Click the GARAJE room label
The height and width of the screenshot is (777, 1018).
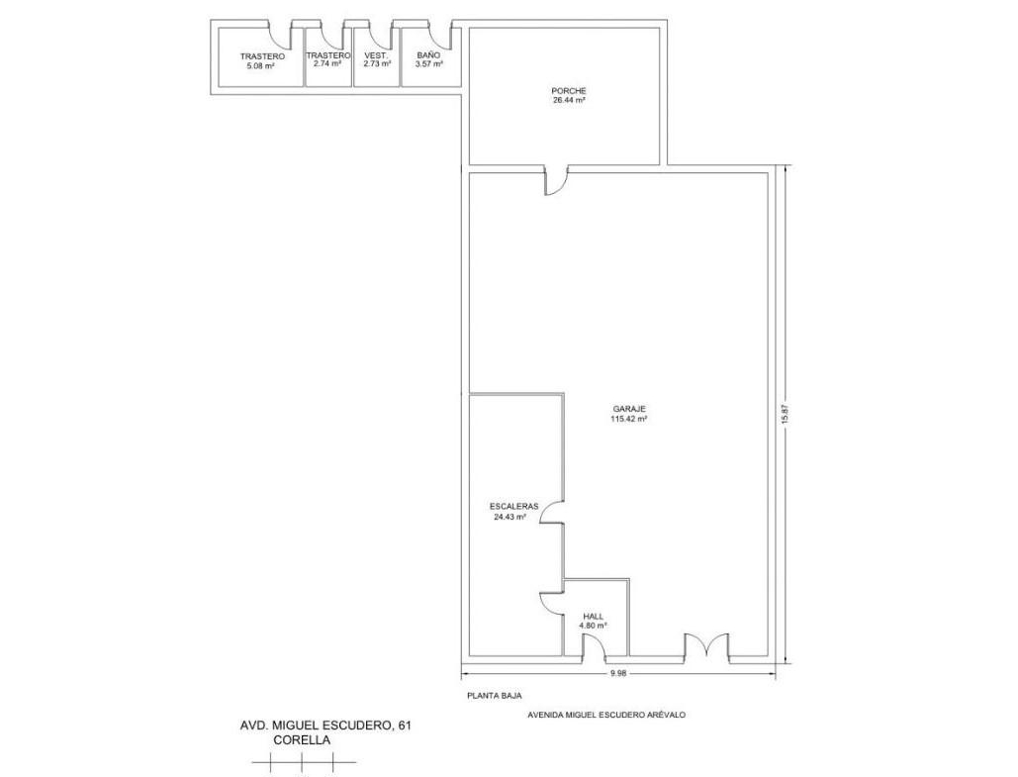tap(629, 409)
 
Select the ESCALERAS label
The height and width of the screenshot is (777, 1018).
tap(513, 506)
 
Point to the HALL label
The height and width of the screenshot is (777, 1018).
tap(593, 616)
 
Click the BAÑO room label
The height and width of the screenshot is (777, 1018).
tap(428, 55)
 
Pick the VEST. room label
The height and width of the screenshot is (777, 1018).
tap(377, 55)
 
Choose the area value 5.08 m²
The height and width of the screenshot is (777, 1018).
tap(259, 65)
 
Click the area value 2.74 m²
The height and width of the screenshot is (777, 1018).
tap(327, 63)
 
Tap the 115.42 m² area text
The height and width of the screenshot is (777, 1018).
tap(629, 419)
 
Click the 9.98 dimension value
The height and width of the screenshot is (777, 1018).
tap(618, 674)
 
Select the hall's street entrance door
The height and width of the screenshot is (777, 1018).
tap(594, 647)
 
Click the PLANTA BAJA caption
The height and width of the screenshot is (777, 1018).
tap(494, 695)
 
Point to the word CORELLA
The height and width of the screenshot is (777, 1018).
tap(302, 740)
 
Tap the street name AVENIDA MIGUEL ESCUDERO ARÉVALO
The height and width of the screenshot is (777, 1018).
tap(606, 715)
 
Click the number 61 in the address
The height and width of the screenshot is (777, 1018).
tap(405, 726)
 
